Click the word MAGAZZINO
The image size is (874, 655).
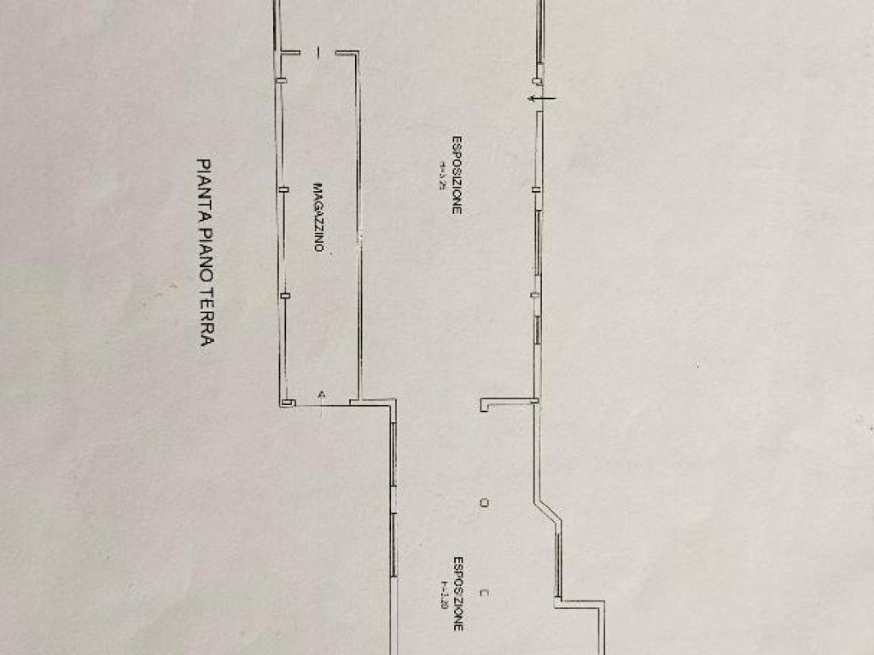318,217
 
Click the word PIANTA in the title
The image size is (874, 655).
204,180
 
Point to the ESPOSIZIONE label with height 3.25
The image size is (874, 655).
457,175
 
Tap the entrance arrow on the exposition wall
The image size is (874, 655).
539,99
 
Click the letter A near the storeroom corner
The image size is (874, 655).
321,394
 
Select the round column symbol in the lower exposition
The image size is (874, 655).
484,503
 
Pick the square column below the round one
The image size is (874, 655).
484,590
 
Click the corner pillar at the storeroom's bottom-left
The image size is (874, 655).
288,402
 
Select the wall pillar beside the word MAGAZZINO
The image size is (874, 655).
284,188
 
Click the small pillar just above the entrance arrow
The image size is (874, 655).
538,81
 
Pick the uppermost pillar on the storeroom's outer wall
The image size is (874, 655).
283,80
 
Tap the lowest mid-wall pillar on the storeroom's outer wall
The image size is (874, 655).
285,296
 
